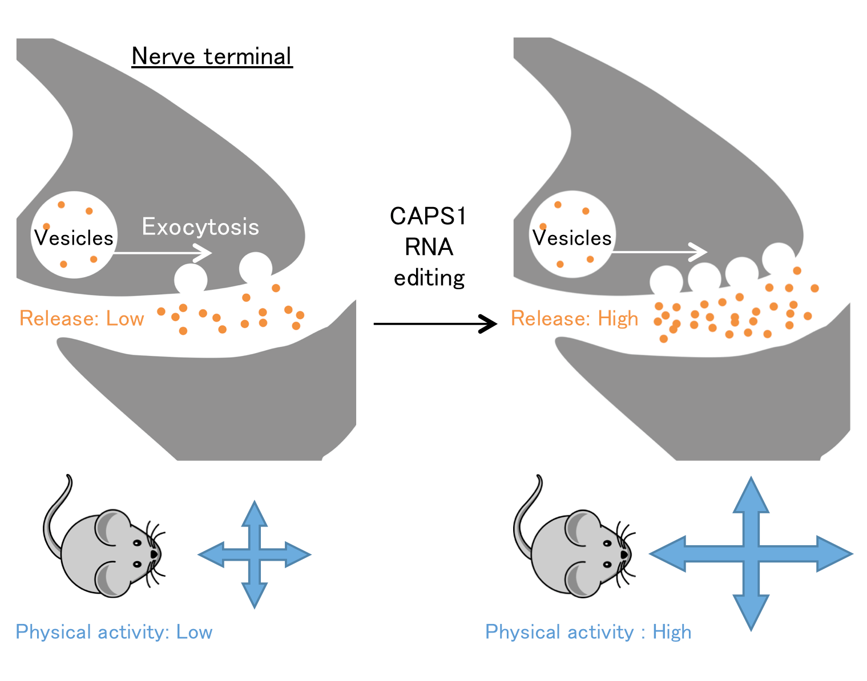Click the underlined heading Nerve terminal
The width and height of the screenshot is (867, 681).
coord(212,56)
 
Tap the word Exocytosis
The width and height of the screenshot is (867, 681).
coord(200,227)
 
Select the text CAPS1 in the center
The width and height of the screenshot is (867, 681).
coord(429,216)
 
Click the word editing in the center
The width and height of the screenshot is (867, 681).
coord(429,278)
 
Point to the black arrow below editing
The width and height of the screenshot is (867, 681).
coord(435,323)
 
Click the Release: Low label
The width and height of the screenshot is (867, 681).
coord(82,318)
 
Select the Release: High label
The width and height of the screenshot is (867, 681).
coord(574,318)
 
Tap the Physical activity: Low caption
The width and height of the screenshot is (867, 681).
coord(114,632)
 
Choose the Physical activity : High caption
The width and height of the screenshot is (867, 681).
coord(588,632)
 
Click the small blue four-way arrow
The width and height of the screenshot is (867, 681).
coord(255,554)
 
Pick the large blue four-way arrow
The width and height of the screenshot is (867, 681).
coord(751,553)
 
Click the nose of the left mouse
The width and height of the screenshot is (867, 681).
coord(154,554)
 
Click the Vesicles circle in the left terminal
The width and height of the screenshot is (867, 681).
coord(74,236)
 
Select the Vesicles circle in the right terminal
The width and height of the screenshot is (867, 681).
coord(572,234)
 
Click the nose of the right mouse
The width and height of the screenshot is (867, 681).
coord(624,554)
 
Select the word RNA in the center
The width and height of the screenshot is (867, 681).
coord(429,247)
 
